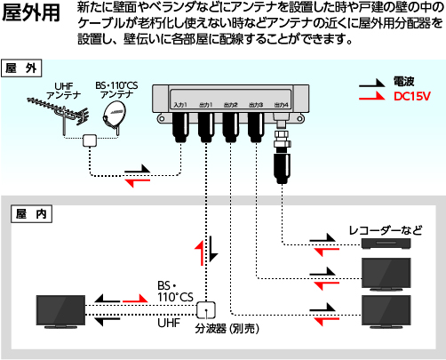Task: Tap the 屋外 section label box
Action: (23, 68)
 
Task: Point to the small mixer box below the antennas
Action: (89, 142)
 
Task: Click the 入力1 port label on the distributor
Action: (180, 105)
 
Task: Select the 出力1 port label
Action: (206, 105)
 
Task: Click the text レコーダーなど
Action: (384, 231)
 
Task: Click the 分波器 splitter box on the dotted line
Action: (206, 309)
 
